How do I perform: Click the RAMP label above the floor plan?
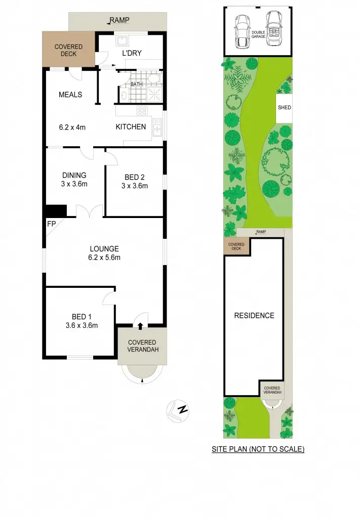tap(121, 21)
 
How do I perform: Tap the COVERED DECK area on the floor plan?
tap(68, 50)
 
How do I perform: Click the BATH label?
tap(136, 84)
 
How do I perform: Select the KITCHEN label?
tap(131, 127)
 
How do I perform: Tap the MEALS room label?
tap(70, 95)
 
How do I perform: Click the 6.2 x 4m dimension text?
tap(72, 127)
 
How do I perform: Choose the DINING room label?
tap(74, 176)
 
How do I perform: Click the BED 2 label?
tap(134, 177)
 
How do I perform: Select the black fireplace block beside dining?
tap(56, 210)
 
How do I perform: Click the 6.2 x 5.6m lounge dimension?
tap(104, 257)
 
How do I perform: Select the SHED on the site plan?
tap(285, 108)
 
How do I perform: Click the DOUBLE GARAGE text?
tap(258, 35)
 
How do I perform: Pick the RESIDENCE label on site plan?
tap(254, 316)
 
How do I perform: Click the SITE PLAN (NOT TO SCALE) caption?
tap(258, 449)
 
